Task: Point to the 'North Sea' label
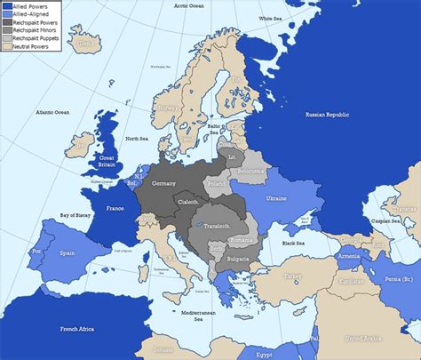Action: tap(137, 139)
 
